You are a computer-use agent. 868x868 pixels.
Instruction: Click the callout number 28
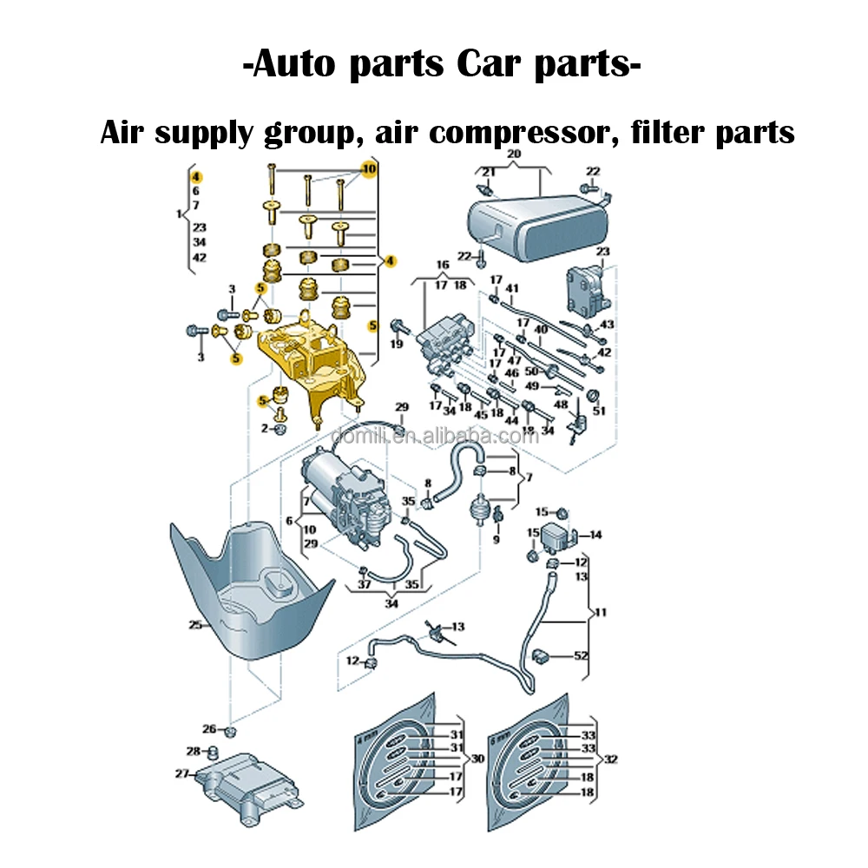(193, 750)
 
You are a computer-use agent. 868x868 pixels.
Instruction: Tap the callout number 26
(208, 728)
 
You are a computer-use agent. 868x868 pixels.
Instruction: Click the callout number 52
(581, 655)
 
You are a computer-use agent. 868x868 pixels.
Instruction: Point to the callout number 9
(496, 538)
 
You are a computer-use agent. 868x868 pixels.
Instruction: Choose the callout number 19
(397, 345)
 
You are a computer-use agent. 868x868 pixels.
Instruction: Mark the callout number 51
(599, 411)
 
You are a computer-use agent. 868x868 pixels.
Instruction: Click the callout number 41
(512, 288)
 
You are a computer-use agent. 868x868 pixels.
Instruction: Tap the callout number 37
(365, 585)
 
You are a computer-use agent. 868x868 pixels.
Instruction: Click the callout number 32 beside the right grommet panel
(611, 759)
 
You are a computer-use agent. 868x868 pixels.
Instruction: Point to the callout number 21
(489, 172)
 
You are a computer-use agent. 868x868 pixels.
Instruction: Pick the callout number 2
(265, 429)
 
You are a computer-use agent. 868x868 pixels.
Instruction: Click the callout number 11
(601, 612)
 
